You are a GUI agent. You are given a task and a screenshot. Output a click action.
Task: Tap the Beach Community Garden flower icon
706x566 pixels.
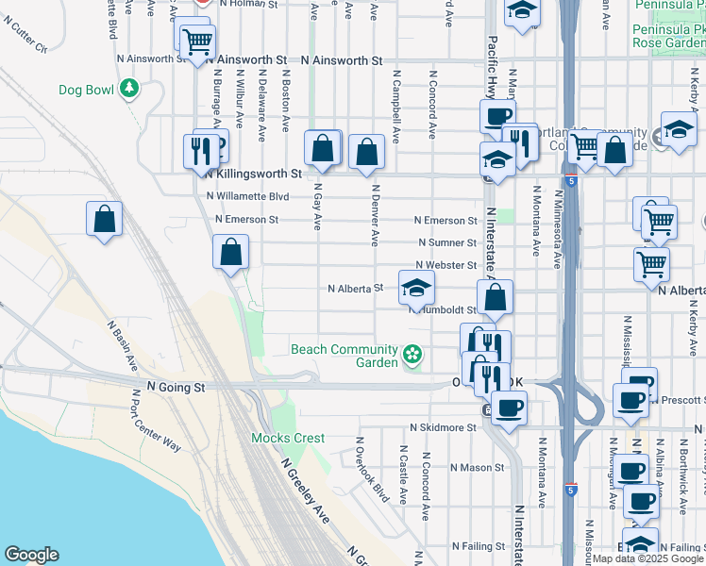click(x=412, y=354)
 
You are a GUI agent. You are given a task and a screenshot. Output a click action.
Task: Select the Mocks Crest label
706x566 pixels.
click(x=288, y=438)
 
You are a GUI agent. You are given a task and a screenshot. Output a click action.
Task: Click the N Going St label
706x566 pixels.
click(x=176, y=387)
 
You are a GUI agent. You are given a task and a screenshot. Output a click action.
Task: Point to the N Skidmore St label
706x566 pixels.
click(x=446, y=427)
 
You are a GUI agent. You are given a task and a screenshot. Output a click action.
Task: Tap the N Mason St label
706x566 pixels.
click(x=479, y=467)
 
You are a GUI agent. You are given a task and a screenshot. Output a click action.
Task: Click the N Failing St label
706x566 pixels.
click(x=480, y=546)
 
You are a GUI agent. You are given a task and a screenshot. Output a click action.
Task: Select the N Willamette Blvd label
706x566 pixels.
click(x=247, y=197)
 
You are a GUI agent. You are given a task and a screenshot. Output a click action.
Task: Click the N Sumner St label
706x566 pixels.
click(x=447, y=242)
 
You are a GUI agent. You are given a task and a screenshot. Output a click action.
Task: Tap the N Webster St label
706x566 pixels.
click(x=446, y=266)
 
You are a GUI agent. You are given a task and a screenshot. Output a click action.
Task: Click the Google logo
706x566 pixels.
click(x=31, y=555)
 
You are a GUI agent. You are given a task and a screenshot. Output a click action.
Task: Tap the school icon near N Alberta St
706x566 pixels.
click(x=416, y=289)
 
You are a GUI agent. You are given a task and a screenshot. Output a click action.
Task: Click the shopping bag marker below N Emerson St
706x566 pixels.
click(x=230, y=254)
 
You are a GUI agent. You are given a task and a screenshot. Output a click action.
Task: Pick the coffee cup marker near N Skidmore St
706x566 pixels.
click(x=509, y=408)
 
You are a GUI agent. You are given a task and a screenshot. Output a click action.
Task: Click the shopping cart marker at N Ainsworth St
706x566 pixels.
click(x=196, y=42)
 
